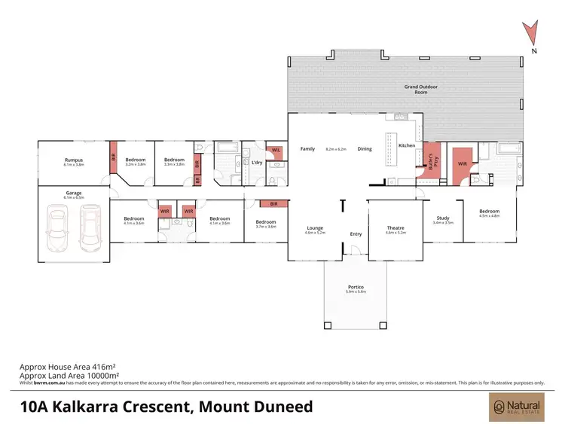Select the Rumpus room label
tap(73, 160)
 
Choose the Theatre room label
tap(395, 228)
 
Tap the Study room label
tap(443, 219)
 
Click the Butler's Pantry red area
tap(432, 163)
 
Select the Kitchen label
tap(407, 145)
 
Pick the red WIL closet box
tap(276, 151)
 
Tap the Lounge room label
tap(315, 228)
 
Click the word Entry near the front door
tap(356, 234)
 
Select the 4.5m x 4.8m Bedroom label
tap(489, 212)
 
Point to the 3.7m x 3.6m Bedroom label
tap(266, 223)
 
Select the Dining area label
tap(365, 149)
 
